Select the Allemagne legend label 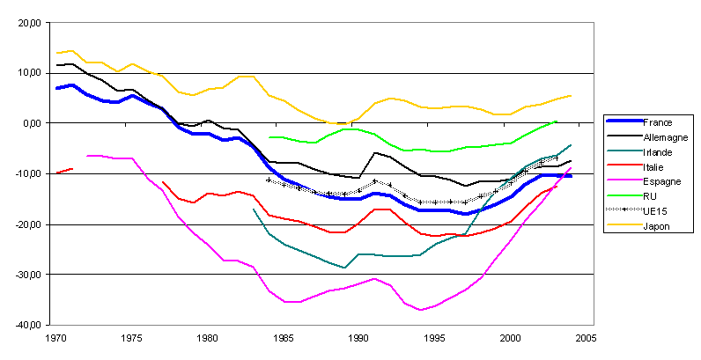(665, 137)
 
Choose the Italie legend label (655, 166)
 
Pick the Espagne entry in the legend (662, 181)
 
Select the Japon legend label (657, 225)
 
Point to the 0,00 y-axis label (33, 123)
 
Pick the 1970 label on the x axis (56, 338)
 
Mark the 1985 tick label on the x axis (283, 338)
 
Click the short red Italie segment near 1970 (64, 171)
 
